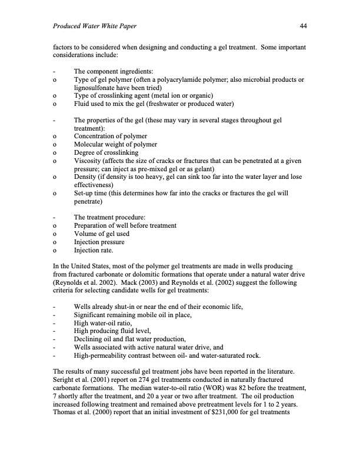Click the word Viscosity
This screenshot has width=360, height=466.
[89, 159]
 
